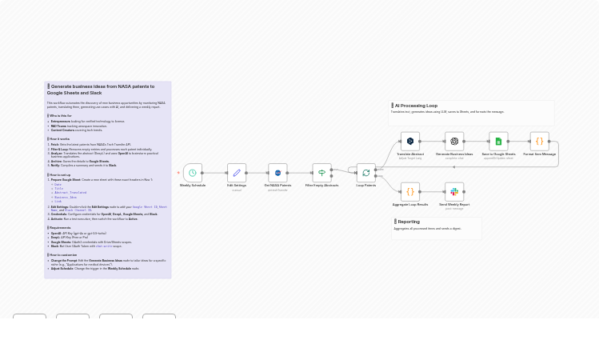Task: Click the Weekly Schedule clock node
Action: coord(192,173)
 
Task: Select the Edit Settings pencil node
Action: coord(237,173)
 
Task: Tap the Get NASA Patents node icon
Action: coord(278,173)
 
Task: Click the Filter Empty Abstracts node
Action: coord(321,173)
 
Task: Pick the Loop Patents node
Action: coord(365,173)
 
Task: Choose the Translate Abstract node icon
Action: coord(410,142)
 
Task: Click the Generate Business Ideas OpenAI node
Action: coord(454,142)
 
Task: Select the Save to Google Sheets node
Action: coord(498,142)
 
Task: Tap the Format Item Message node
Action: coord(539,142)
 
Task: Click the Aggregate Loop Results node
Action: coord(410,192)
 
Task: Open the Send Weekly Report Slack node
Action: coord(454,192)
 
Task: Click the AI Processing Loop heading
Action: coord(416,106)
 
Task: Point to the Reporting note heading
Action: coord(409,222)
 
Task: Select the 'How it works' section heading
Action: coord(60,139)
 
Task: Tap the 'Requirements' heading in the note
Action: coord(61,228)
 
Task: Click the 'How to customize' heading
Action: coord(64,255)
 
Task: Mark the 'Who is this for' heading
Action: coord(61,116)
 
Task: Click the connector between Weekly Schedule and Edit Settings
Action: coord(214,173)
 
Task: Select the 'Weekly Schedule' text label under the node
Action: coord(192,186)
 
